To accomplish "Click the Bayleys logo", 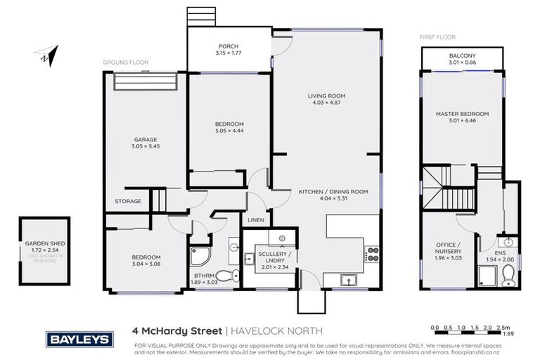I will (79, 339).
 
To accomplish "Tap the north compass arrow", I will (47, 55).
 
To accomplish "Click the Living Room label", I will (326, 96).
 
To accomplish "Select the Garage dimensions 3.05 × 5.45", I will (146, 147).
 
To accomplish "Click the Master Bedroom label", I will (462, 114).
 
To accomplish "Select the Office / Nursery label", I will (449, 247).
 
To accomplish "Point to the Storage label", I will (128, 201).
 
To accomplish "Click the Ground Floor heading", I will (126, 63).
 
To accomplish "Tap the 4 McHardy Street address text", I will (176, 330).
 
